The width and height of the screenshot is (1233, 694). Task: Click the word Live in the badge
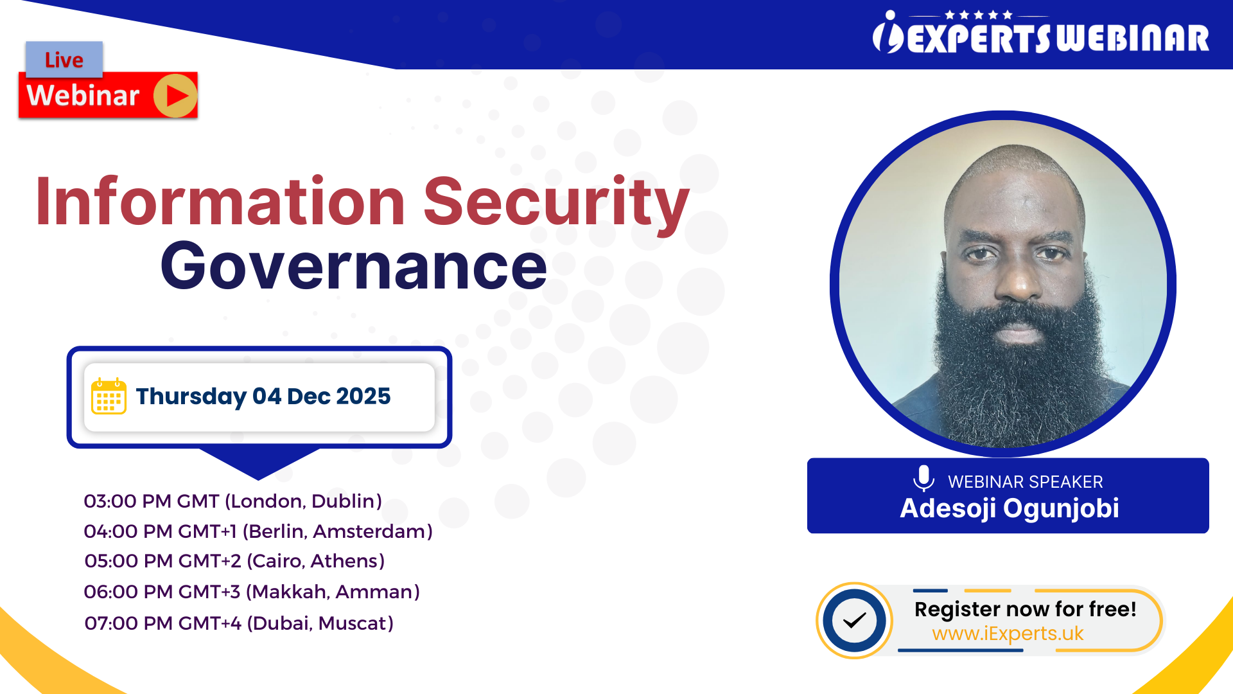[64, 60]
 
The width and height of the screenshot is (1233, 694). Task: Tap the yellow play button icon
[175, 96]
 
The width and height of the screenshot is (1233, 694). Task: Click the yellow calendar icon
[109, 396]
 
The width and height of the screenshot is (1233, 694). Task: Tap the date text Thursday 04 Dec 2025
[263, 396]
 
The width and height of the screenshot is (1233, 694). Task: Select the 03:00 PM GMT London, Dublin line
[232, 501]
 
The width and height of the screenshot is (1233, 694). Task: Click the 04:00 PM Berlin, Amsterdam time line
[258, 531]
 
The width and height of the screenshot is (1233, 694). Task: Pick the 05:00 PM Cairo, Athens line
[234, 561]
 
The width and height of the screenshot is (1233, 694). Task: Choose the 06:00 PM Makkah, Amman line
[252, 592]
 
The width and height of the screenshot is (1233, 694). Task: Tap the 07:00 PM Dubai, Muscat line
[239, 623]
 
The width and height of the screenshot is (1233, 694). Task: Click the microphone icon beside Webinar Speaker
[923, 479]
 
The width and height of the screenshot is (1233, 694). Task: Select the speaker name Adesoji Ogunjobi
[1009, 508]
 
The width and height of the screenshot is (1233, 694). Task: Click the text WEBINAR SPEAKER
[1025, 482]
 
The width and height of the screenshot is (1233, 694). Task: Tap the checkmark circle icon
[854, 621]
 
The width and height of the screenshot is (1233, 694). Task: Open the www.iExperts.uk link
[1008, 634]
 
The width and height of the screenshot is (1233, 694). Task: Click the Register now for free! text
[1025, 609]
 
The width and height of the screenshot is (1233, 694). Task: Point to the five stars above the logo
[979, 15]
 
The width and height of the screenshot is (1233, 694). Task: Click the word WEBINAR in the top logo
[1133, 39]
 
